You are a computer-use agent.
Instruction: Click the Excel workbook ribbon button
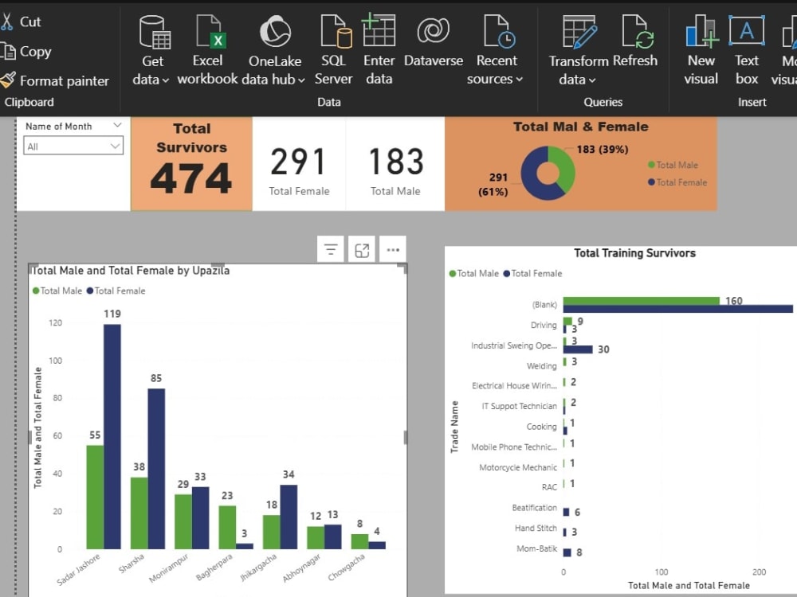[207, 49]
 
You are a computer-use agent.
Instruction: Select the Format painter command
[55, 80]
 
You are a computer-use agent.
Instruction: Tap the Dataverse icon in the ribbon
[433, 30]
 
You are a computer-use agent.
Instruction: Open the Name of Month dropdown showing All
[73, 146]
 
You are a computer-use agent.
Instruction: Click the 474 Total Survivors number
[191, 178]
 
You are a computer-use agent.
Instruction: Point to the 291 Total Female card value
[298, 162]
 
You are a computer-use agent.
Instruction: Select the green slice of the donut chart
[563, 167]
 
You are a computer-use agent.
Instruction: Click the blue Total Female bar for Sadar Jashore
[112, 436]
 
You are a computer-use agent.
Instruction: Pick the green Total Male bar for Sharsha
[139, 513]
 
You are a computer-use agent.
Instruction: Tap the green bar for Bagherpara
[227, 527]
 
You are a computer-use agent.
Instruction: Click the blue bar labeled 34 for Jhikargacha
[289, 517]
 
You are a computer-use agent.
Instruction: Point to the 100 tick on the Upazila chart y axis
[56, 361]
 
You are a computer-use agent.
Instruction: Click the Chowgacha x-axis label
[346, 567]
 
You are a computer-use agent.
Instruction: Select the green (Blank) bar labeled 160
[642, 301]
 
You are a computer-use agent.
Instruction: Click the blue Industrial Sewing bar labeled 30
[578, 349]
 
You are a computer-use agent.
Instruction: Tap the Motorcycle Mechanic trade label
[518, 467]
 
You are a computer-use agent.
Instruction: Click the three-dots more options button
[393, 250]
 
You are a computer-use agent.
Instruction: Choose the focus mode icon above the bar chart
[362, 250]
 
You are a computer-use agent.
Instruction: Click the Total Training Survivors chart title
[635, 253]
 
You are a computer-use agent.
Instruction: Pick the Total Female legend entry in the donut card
[677, 182]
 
